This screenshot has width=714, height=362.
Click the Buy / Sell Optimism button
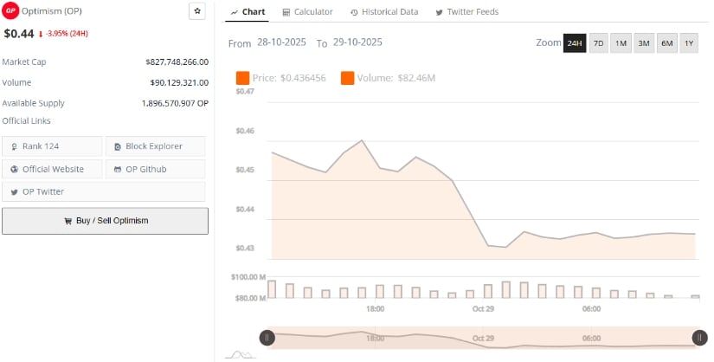[105, 221]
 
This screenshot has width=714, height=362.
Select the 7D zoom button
[598, 43]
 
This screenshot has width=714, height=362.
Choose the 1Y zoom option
[689, 43]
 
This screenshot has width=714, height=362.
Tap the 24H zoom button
[575, 43]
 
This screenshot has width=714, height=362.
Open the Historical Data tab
[383, 12]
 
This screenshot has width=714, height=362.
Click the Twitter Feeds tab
[466, 12]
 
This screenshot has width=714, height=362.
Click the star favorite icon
[197, 11]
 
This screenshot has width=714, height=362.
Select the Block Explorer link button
[155, 146]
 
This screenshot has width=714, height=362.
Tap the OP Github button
[155, 169]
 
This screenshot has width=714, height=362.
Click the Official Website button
[52, 169]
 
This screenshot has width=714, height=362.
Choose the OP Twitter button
[52, 191]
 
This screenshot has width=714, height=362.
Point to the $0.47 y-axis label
[244, 91]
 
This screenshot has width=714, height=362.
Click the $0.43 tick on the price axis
[244, 249]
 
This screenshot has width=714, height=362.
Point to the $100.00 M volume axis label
[248, 277]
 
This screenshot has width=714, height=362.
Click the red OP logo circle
[11, 11]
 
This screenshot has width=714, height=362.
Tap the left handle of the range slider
[267, 338]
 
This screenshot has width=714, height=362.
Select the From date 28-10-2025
[282, 42]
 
